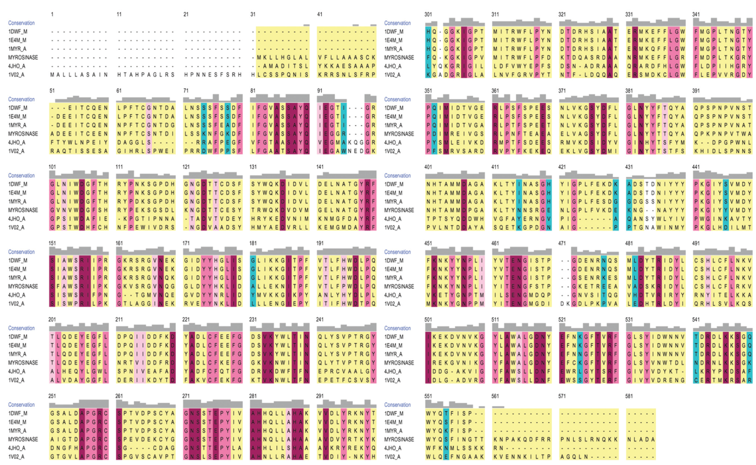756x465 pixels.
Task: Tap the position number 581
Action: coord(629,396)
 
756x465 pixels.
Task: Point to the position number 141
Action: coord(320,167)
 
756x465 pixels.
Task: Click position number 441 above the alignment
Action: coord(696,167)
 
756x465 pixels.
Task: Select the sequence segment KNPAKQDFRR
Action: coord(522,439)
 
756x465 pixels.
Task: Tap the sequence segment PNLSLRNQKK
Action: coord(589,439)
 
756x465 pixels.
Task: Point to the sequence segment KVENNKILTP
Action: coord(522,457)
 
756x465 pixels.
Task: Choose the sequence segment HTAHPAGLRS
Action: coord(146,75)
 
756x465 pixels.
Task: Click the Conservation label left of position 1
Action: coord(21,23)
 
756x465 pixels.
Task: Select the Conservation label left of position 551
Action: coord(397,405)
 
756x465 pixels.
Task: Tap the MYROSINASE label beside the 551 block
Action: coord(399,439)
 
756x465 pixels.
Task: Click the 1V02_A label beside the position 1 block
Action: coord(17,75)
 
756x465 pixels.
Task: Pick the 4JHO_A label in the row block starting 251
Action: coord(17,448)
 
